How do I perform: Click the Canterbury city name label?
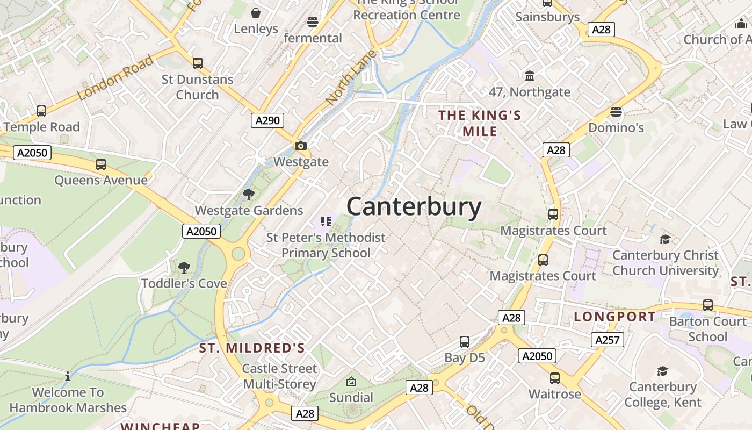pyautogui.click(x=414, y=207)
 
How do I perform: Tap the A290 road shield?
pyautogui.click(x=267, y=120)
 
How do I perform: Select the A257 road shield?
pyautogui.click(x=608, y=340)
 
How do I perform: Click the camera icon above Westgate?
pyautogui.click(x=301, y=146)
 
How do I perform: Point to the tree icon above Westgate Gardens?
pyautogui.click(x=248, y=194)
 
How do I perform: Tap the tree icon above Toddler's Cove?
pyautogui.click(x=184, y=267)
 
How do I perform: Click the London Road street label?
pyautogui.click(x=115, y=78)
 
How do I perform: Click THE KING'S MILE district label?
pyautogui.click(x=480, y=123)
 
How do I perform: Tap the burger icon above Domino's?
pyautogui.click(x=616, y=112)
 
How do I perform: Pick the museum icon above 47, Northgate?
pyautogui.click(x=530, y=76)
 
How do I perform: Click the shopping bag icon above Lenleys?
pyautogui.click(x=256, y=12)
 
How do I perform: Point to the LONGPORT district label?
pyautogui.click(x=614, y=317)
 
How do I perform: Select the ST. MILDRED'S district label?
pyautogui.click(x=252, y=348)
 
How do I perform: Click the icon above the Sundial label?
pyautogui.click(x=351, y=382)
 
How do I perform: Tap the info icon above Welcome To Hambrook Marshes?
pyautogui.click(x=68, y=376)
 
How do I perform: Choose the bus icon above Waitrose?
pyautogui.click(x=555, y=378)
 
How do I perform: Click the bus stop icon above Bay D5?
pyautogui.click(x=465, y=342)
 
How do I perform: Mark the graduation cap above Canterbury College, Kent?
pyautogui.click(x=662, y=371)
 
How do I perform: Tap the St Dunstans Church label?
pyautogui.click(x=198, y=87)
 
